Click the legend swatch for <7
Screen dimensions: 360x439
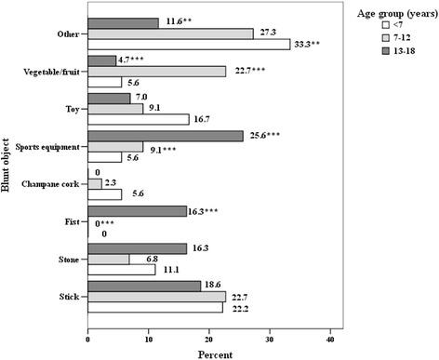coord(364,36)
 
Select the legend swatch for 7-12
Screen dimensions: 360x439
coord(364,51)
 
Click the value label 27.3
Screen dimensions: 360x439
coord(267,33)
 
